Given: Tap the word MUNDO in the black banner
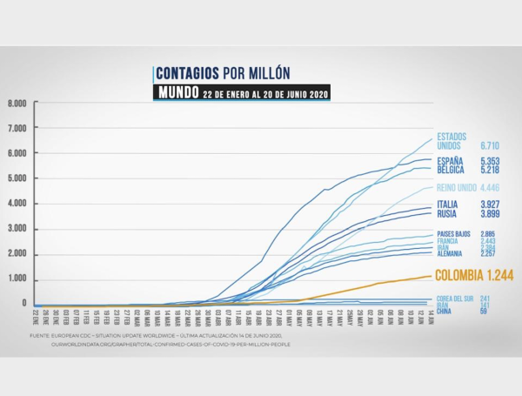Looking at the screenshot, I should coord(179,92).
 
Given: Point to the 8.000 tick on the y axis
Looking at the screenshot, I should coord(18,103).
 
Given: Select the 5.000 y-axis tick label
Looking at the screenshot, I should coord(18,178).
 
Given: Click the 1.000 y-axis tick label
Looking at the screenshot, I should coord(18,279).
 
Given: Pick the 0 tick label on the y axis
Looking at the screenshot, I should coord(25,304).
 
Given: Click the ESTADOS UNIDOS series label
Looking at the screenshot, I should coord(453,141).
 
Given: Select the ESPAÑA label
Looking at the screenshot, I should coord(450,161).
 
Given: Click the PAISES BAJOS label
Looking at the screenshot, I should coord(453,234).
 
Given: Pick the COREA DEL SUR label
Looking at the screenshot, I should coord(454,299).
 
